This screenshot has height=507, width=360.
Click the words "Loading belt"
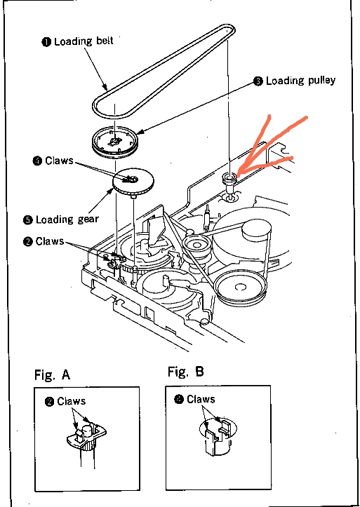click(84, 41)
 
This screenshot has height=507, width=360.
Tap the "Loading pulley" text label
click(300, 81)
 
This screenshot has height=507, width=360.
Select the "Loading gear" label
click(67, 219)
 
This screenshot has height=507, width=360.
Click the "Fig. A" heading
click(53, 375)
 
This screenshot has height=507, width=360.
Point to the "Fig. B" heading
click(186, 372)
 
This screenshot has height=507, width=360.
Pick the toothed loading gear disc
click(133, 182)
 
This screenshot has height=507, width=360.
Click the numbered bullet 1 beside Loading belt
click(46, 41)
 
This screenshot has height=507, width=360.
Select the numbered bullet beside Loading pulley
click(258, 81)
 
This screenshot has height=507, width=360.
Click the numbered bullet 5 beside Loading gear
click(28, 220)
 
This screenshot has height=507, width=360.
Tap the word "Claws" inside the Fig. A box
click(71, 401)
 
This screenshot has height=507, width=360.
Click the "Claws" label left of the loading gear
click(59, 161)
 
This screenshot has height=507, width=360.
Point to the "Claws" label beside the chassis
click(50, 241)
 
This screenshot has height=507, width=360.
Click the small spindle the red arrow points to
click(229, 185)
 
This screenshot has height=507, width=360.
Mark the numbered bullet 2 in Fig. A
click(50, 402)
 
